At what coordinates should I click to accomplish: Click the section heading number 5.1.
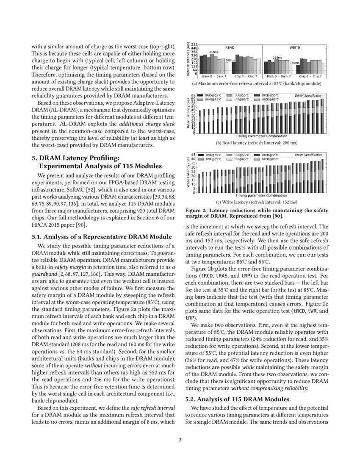click(38, 237)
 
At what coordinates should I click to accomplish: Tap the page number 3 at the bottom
click(180, 439)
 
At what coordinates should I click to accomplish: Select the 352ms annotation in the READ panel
click(214, 52)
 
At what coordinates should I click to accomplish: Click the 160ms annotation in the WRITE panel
click(294, 63)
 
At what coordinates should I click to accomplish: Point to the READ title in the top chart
click(230, 48)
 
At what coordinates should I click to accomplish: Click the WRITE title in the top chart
click(295, 48)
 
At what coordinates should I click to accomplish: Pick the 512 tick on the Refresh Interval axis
click(195, 44)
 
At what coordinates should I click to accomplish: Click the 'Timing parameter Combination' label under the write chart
click(261, 195)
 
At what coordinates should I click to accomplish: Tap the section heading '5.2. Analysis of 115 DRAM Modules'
click(238, 399)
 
